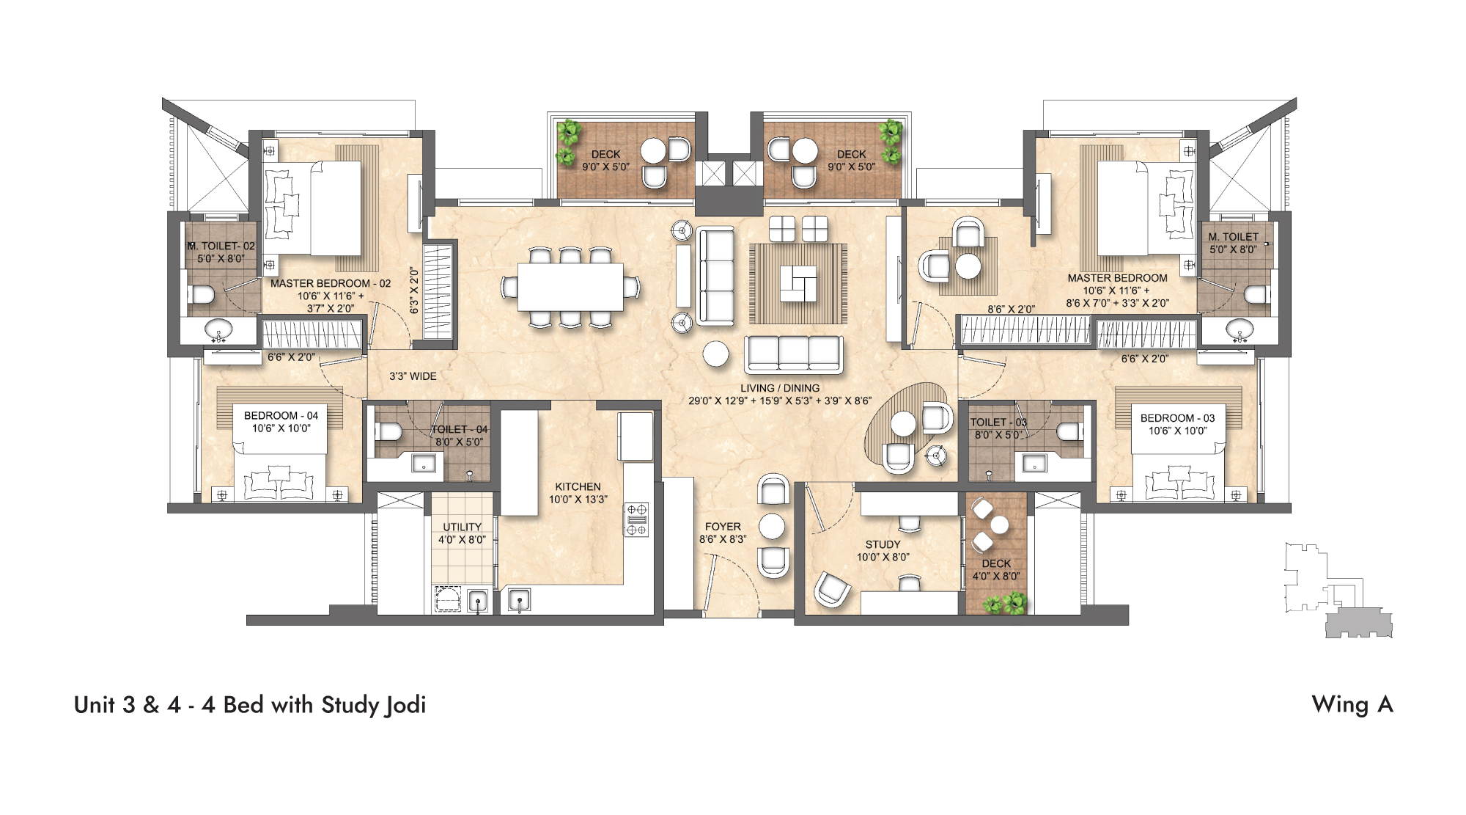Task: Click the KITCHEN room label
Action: pos(578,493)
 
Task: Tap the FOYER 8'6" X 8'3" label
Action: pos(723,533)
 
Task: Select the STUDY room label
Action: pos(883,550)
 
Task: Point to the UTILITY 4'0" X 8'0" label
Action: pos(462,533)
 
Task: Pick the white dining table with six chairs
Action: pos(570,287)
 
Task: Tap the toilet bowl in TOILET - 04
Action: pos(388,431)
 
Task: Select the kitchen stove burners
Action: pos(636,519)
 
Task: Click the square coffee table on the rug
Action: pos(798,283)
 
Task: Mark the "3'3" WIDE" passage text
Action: pos(413,376)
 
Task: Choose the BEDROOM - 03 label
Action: pos(1177,424)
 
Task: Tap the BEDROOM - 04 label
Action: pos(281,421)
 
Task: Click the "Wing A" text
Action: pos(1352,704)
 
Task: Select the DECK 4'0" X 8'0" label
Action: pos(996,569)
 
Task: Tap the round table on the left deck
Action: pos(652,150)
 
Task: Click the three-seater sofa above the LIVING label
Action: pos(793,354)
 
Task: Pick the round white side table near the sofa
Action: pos(716,354)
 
